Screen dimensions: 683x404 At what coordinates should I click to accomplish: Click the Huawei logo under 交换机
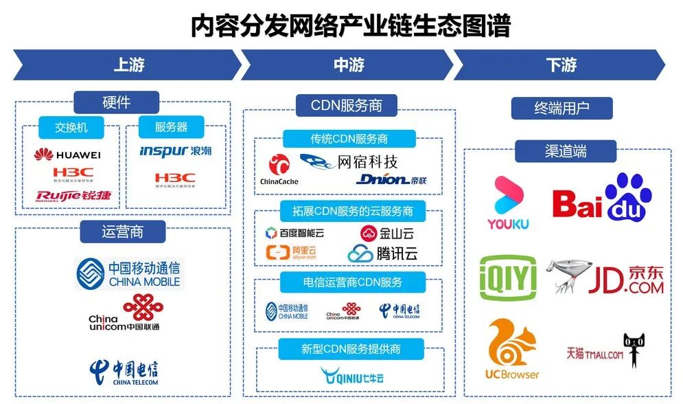(x=67, y=155)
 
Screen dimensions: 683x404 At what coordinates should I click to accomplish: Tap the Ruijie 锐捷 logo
(x=73, y=197)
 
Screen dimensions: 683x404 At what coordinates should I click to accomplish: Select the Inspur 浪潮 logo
(x=175, y=150)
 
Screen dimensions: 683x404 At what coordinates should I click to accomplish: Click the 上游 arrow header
(x=128, y=65)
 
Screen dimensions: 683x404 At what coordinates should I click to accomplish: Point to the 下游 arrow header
(x=560, y=65)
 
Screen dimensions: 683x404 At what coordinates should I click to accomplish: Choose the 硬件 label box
(x=116, y=102)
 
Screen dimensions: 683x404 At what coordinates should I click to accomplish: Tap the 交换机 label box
(x=71, y=127)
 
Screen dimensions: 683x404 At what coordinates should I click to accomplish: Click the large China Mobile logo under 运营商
(x=128, y=273)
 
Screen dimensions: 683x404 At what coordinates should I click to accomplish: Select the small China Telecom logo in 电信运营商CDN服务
(x=400, y=311)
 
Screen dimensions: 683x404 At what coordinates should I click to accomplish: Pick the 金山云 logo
(x=388, y=232)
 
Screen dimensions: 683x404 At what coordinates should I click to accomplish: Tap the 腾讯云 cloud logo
(x=383, y=253)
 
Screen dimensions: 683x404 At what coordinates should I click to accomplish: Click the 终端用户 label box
(x=562, y=108)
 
